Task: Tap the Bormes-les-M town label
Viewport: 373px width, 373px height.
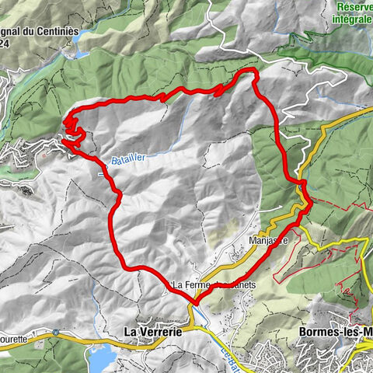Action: point(335,331)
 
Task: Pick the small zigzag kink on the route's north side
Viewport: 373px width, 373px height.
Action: point(219,90)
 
